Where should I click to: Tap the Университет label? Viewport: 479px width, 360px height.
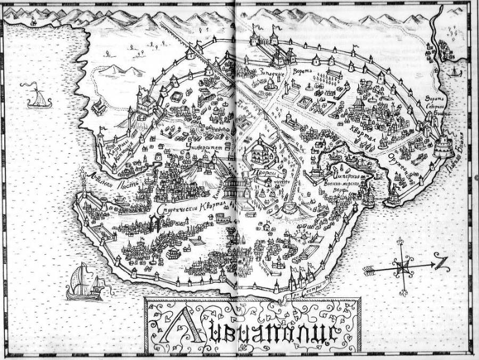(205, 146)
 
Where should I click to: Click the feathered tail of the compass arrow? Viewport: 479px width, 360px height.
(371, 270)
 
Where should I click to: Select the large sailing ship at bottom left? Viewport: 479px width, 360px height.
(84, 282)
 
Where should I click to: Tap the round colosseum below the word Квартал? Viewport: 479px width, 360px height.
(219, 218)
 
